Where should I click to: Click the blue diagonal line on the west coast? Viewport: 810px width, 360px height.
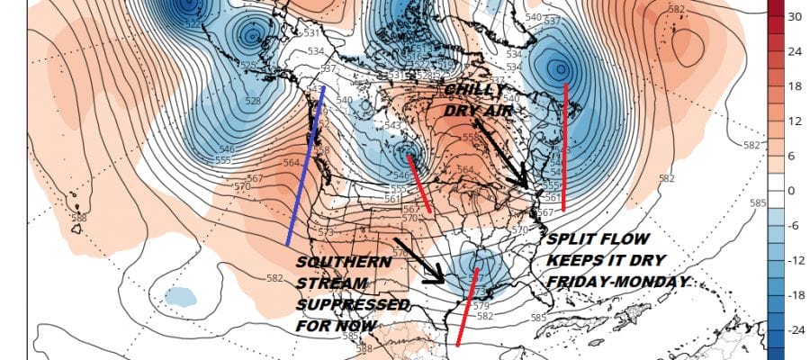305,166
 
